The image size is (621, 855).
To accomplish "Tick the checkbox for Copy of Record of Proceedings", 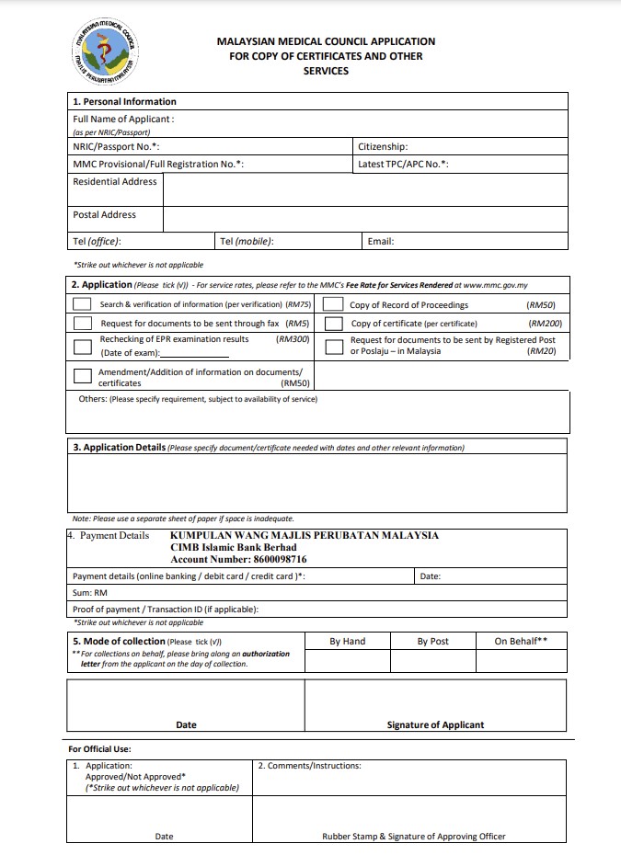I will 334,304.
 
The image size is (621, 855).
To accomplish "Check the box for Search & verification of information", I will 83,304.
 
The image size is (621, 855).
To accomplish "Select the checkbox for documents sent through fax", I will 83,324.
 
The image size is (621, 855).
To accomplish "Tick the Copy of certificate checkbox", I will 334,324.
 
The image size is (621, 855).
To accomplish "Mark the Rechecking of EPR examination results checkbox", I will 83,346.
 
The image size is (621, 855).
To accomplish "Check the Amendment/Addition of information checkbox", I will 83,375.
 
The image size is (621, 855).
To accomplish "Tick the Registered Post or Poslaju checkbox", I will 334,346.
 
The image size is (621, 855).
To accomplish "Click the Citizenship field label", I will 383,147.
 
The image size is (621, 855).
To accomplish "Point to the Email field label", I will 380,242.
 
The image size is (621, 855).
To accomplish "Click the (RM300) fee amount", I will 293,339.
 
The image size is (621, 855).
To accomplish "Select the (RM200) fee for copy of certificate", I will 545,324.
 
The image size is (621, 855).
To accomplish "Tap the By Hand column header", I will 347,642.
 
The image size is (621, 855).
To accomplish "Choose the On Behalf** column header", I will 521,642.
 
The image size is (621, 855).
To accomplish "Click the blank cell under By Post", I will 432,662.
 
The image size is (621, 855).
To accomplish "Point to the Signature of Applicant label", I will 435,724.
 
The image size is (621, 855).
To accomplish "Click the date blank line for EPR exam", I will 195,354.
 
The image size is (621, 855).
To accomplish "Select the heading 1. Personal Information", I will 124,102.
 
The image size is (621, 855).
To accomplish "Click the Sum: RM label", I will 90,593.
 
